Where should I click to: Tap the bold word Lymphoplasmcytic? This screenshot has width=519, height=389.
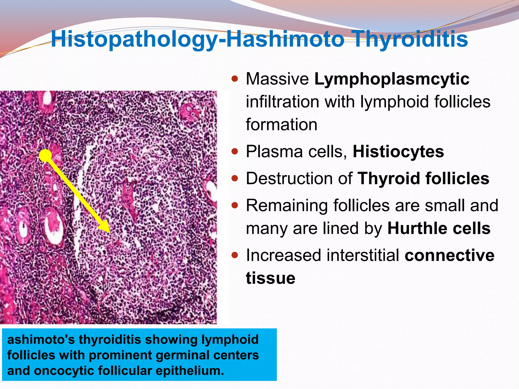pyautogui.click(x=392, y=79)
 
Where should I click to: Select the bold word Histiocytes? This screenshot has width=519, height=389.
pyautogui.click(x=398, y=152)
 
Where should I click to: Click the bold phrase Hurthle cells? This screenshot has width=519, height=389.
pyautogui.click(x=439, y=228)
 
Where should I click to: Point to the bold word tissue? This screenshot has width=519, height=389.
pyautogui.click(x=270, y=278)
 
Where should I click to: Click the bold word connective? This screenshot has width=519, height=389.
pyautogui.click(x=449, y=255)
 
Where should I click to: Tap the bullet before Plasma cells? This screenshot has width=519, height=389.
pyautogui.click(x=235, y=151)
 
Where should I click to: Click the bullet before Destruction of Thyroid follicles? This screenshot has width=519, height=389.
pyautogui.click(x=235, y=179)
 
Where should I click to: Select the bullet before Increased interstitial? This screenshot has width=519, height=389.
pyautogui.click(x=235, y=255)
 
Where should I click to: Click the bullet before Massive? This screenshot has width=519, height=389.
pyautogui.click(x=235, y=79)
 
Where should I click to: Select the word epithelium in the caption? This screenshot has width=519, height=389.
pyautogui.click(x=190, y=371)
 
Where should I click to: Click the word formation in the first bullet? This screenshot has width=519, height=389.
pyautogui.click(x=281, y=125)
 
